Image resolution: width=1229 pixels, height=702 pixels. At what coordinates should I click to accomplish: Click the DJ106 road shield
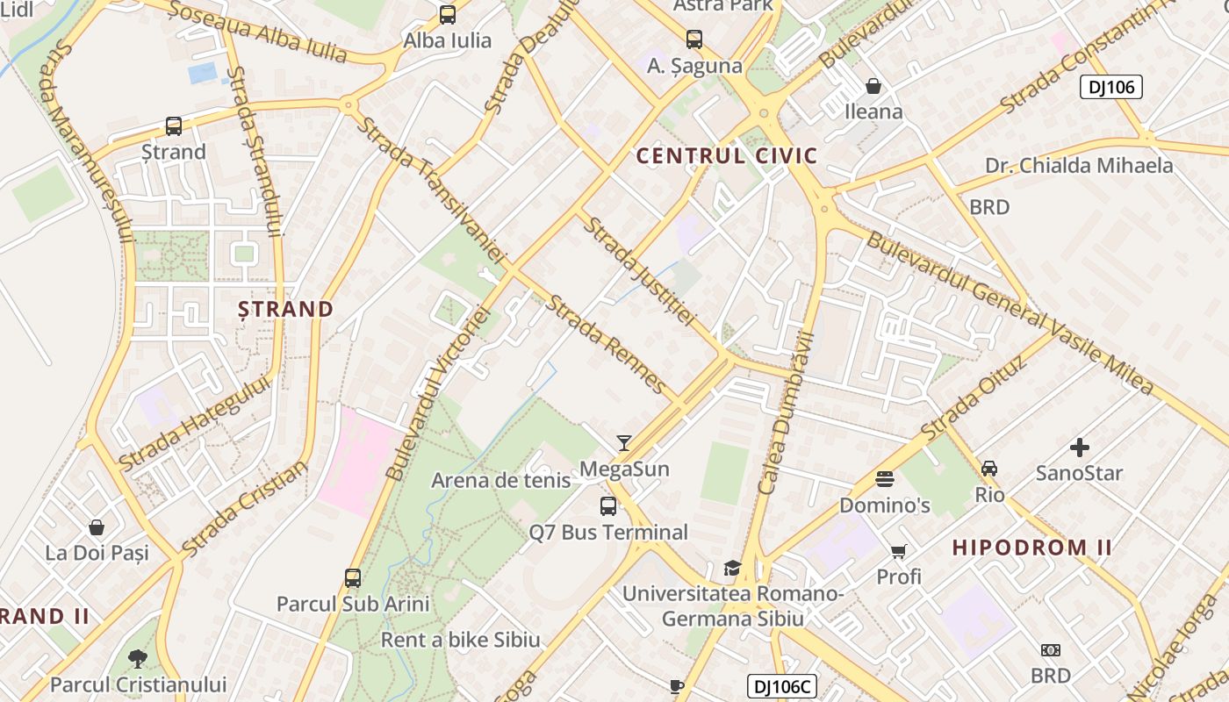[1110, 87]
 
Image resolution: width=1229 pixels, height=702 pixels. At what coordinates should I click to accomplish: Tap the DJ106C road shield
[782, 686]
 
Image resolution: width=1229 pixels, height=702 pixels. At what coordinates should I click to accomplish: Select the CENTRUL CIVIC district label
[727, 157]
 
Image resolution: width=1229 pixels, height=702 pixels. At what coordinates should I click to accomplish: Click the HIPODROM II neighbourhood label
[1032, 548]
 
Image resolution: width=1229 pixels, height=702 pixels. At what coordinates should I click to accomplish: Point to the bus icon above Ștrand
[174, 126]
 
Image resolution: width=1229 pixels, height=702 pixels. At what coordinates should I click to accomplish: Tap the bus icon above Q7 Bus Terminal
[607, 506]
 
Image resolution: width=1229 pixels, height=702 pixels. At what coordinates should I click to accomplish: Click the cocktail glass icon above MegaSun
[624, 443]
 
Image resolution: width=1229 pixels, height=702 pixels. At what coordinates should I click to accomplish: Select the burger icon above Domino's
[885, 479]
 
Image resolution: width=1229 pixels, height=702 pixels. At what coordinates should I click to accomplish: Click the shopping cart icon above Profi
[898, 552]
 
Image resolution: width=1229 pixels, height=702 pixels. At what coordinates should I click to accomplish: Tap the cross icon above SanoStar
[1079, 448]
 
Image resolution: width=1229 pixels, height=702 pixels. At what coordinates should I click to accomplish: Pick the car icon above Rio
[989, 469]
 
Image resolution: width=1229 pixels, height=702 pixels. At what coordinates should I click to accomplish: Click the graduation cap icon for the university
[732, 568]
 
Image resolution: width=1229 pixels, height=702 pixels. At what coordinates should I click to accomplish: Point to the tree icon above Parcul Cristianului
[138, 658]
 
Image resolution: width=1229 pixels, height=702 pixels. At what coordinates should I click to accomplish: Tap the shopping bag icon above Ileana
[873, 86]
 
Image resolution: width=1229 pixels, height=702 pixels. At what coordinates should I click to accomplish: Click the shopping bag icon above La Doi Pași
[97, 527]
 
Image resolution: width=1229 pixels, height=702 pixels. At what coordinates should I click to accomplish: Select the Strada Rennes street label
[606, 343]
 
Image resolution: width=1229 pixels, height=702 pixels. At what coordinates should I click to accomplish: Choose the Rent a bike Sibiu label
[460, 640]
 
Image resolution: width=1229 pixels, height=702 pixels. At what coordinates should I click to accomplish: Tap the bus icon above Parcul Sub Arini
[353, 578]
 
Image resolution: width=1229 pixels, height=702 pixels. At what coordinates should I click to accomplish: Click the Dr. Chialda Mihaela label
[1079, 166]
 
